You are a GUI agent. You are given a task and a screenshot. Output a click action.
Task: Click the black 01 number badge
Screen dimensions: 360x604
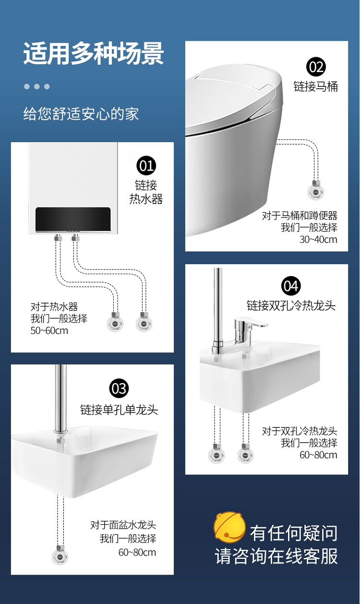(146, 166)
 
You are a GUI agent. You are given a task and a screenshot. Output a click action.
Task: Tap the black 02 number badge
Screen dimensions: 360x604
(316, 67)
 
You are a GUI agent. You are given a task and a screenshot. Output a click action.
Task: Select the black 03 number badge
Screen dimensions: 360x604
(119, 388)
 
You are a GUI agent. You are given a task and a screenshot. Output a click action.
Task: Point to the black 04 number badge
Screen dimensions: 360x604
(291, 286)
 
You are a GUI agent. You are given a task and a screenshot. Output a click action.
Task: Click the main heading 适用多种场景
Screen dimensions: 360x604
(94, 53)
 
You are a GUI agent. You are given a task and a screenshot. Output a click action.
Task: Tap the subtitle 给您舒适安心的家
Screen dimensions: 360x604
(81, 113)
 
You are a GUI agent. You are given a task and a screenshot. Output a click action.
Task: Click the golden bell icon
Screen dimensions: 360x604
(229, 527)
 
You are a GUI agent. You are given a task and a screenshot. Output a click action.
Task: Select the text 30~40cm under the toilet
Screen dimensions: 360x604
(318, 240)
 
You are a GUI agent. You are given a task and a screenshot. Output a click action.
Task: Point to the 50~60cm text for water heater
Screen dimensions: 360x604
(49, 331)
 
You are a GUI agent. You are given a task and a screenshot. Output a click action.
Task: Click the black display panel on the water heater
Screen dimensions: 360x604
(73, 219)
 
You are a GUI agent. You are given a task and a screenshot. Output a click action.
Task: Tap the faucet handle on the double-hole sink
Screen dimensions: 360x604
(255, 322)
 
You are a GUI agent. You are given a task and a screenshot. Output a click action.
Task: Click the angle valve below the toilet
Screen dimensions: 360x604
(316, 190)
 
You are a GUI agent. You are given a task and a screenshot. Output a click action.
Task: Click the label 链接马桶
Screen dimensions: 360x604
(315, 86)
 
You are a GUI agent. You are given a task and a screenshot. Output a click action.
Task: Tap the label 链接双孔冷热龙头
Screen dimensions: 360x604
(291, 305)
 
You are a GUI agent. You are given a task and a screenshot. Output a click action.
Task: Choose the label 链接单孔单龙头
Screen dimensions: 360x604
(119, 410)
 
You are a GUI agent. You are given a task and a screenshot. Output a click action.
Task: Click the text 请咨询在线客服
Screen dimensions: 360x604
(276, 556)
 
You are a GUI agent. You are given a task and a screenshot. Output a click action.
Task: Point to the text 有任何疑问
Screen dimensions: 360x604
(294, 533)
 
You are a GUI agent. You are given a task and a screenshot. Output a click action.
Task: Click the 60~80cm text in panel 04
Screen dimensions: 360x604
(318, 455)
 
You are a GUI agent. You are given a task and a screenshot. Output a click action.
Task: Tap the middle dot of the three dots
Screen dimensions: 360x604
(37, 86)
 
